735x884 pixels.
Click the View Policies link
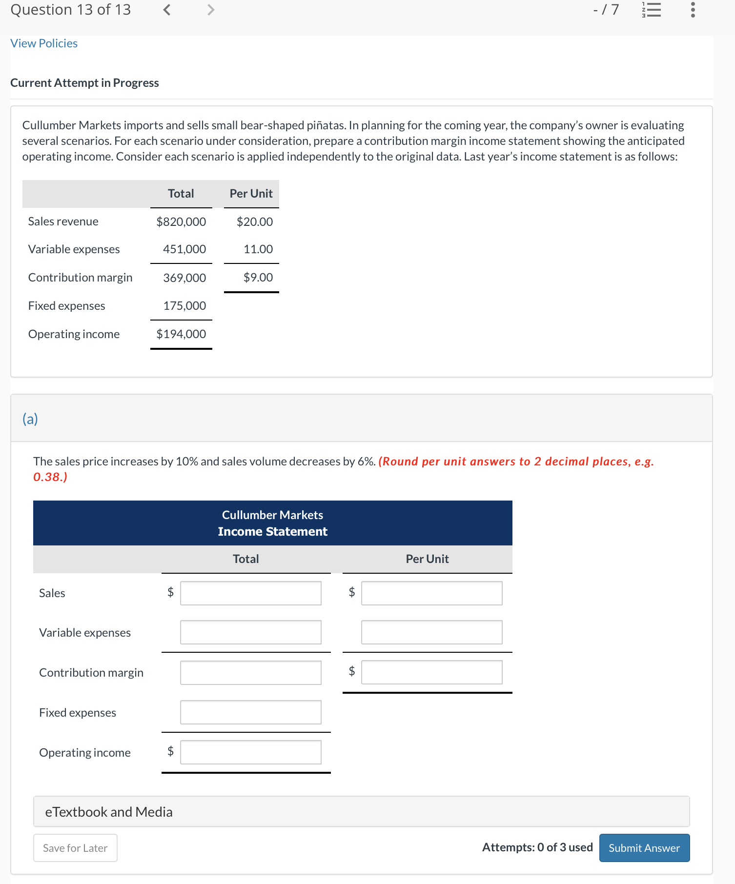44,43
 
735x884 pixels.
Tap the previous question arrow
167,10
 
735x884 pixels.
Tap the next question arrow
210,10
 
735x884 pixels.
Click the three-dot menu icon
693,10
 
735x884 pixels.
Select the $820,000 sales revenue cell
181,221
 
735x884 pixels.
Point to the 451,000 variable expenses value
184,249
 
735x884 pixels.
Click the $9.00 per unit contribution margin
258,278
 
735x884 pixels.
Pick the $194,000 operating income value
181,334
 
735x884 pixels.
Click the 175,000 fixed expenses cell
184,306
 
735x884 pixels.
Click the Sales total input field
250,593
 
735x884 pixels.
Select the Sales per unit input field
431,593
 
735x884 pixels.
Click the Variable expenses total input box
250,633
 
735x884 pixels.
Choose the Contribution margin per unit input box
431,673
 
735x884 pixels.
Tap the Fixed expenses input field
250,713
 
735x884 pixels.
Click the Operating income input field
250,753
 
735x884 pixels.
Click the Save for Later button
75,848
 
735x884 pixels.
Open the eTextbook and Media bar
361,812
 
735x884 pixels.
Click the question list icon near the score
651,10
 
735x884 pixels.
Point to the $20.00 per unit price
255,221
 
